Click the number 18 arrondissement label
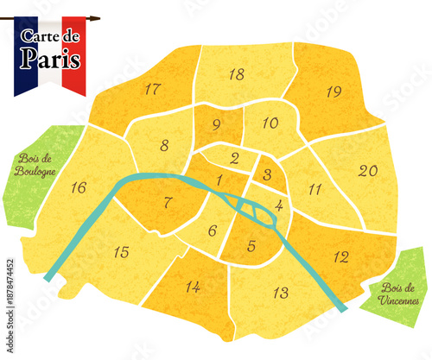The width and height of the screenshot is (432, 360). (236, 75)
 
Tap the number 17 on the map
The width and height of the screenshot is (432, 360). (153, 89)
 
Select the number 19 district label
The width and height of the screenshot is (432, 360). (334, 91)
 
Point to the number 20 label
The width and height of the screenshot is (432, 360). (368, 171)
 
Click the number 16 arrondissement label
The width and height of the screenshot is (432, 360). (79, 187)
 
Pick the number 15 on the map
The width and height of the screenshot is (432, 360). (122, 252)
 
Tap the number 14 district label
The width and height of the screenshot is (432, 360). (193, 287)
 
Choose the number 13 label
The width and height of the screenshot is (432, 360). (280, 292)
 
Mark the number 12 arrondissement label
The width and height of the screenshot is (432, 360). (341, 256)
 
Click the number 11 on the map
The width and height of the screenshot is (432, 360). (314, 189)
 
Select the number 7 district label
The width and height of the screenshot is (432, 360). (169, 204)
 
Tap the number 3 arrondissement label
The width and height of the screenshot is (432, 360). (268, 175)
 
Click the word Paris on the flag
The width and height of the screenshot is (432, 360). (51, 60)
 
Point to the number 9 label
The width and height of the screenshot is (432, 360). (215, 125)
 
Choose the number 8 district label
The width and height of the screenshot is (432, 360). (164, 145)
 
